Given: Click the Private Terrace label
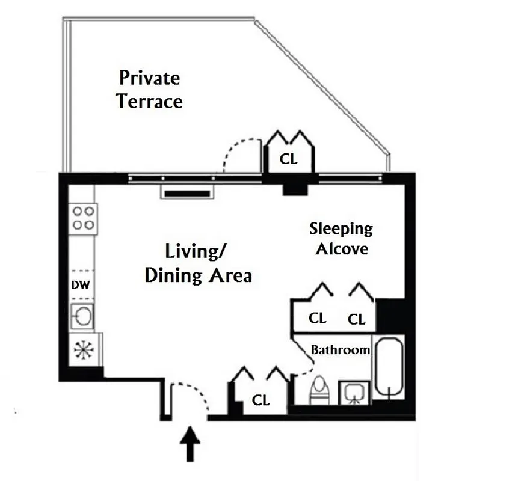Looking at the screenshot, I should [149, 90].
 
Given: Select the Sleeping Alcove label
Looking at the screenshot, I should [341, 238].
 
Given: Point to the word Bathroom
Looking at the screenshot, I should [340, 350].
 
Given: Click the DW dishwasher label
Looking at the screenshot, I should [80, 285].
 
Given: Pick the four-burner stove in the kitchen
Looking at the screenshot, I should [84, 218].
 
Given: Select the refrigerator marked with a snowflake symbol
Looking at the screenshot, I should [82, 351].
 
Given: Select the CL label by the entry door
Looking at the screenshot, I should [260, 399].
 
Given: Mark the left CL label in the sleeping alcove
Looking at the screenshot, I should [317, 318].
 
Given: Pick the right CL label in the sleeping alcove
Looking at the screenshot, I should [357, 319].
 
